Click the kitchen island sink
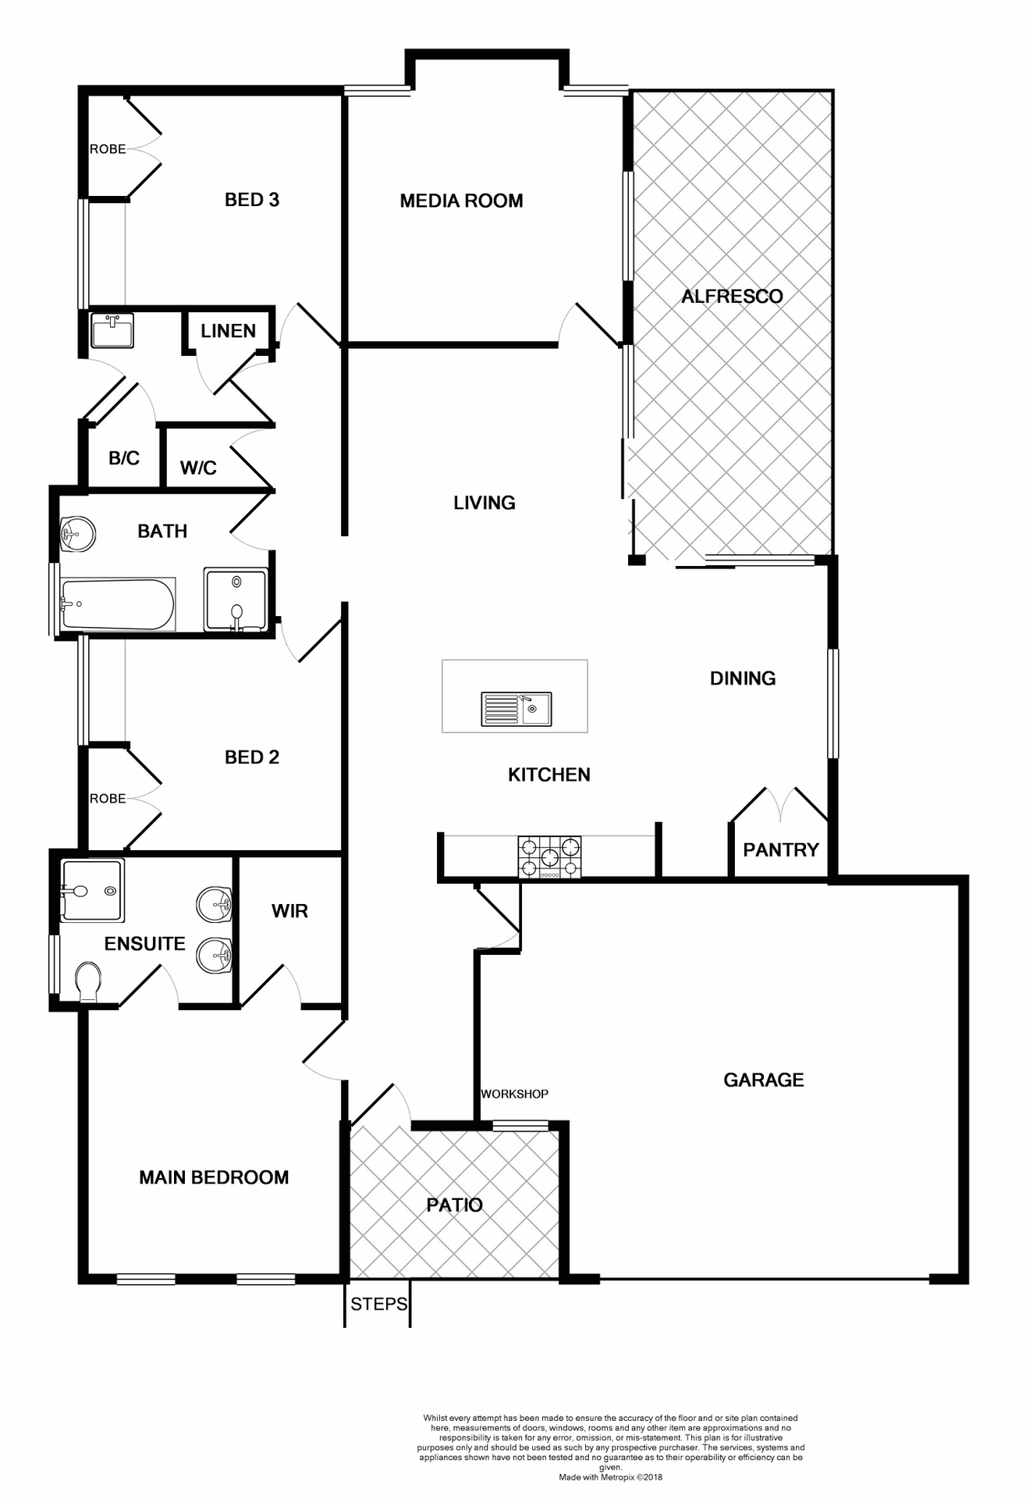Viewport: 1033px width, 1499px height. coord(516,709)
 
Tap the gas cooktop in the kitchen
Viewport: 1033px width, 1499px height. coord(549,857)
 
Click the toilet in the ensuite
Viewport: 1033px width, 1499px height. coord(88,981)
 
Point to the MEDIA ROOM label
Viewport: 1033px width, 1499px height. coord(461,201)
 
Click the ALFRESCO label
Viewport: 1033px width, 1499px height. coord(732,297)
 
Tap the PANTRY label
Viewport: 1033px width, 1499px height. coord(780,850)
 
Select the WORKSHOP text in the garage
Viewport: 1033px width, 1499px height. coord(514,1095)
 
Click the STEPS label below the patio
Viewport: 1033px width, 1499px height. coord(378,1305)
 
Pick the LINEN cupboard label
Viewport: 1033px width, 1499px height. coord(228,331)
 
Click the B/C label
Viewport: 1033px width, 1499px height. coord(124,458)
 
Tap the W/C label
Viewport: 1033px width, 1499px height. coord(198,468)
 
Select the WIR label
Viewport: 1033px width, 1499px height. coord(289,911)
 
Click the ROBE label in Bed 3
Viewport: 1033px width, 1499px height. coord(108,149)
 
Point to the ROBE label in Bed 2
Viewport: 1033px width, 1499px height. coord(108,799)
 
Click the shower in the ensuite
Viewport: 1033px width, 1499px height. coord(92,890)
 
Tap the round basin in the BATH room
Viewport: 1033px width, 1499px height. coord(78,535)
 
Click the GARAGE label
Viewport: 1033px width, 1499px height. coord(763,1081)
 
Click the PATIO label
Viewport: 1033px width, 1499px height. coord(454,1205)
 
